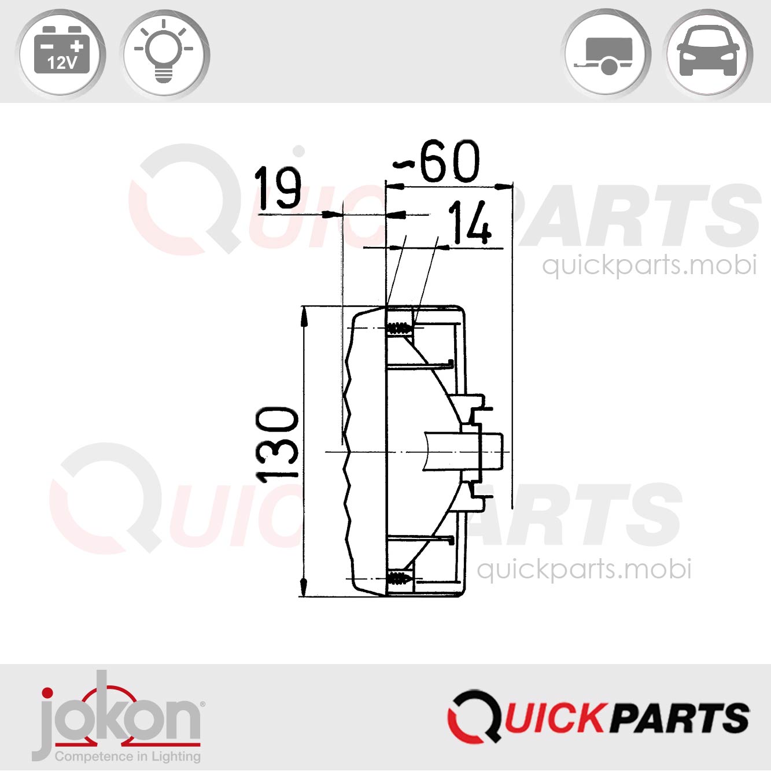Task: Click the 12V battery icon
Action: [x=61, y=54]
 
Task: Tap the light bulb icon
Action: [x=165, y=54]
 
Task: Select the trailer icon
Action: [x=606, y=54]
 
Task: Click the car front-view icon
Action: [x=707, y=54]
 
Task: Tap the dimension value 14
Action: [x=470, y=223]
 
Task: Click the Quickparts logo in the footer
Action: [x=599, y=717]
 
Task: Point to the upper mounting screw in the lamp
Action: [x=399, y=329]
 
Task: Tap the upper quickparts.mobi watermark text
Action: [x=649, y=265]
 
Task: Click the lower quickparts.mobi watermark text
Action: [x=584, y=569]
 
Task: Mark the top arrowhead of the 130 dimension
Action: [x=304, y=315]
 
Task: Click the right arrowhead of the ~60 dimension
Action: [x=504, y=187]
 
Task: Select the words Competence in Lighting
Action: [x=127, y=756]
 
